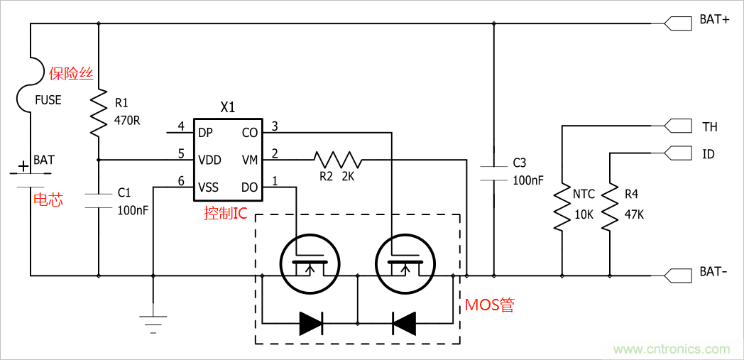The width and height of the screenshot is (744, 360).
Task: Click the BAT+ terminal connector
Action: point(677,23)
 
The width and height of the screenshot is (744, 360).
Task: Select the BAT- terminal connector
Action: point(677,275)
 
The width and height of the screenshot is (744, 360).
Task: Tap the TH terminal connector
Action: point(677,126)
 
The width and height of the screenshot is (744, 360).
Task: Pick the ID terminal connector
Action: point(677,153)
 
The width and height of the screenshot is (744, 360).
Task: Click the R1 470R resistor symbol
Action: point(99,113)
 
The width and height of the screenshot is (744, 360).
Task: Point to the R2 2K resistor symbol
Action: point(338,159)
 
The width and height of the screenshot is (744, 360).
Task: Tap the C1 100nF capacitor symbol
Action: point(99,200)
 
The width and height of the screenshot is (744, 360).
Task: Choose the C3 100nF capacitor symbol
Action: point(494,172)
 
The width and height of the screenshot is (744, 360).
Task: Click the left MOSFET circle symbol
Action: point(310,263)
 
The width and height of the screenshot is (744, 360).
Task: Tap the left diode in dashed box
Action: point(310,323)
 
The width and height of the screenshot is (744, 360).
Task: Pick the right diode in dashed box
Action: point(404,323)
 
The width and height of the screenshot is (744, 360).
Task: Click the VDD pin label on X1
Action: point(210,159)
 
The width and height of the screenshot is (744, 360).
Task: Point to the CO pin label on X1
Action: point(250,132)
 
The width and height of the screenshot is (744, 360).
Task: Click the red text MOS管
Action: point(489,305)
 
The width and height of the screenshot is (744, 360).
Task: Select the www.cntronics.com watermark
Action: point(672,349)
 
